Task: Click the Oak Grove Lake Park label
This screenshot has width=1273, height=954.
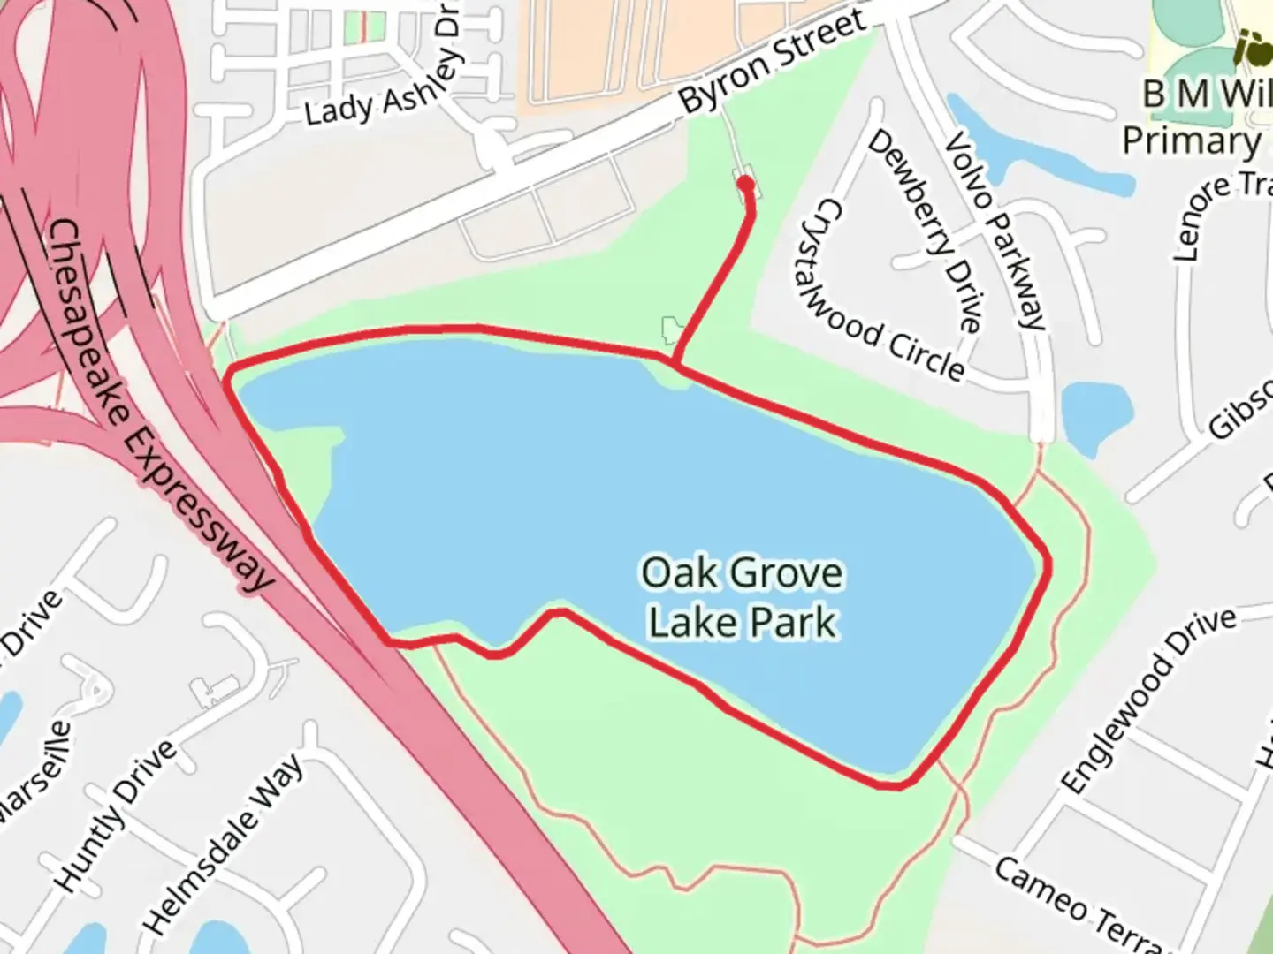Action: pyautogui.click(x=742, y=597)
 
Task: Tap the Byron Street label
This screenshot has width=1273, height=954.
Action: pyautogui.click(x=772, y=59)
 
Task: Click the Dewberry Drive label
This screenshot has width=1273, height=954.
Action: pyautogui.click(x=925, y=231)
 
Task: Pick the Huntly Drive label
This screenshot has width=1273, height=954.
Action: pyautogui.click(x=115, y=816)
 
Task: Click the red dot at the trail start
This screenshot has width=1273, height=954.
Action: pyautogui.click(x=745, y=184)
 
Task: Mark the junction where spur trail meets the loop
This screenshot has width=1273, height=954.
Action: pyautogui.click(x=675, y=363)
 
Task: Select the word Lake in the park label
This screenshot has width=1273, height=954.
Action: pyautogui.click(x=693, y=621)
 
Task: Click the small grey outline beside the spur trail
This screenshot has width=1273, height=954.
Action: pyautogui.click(x=672, y=330)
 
